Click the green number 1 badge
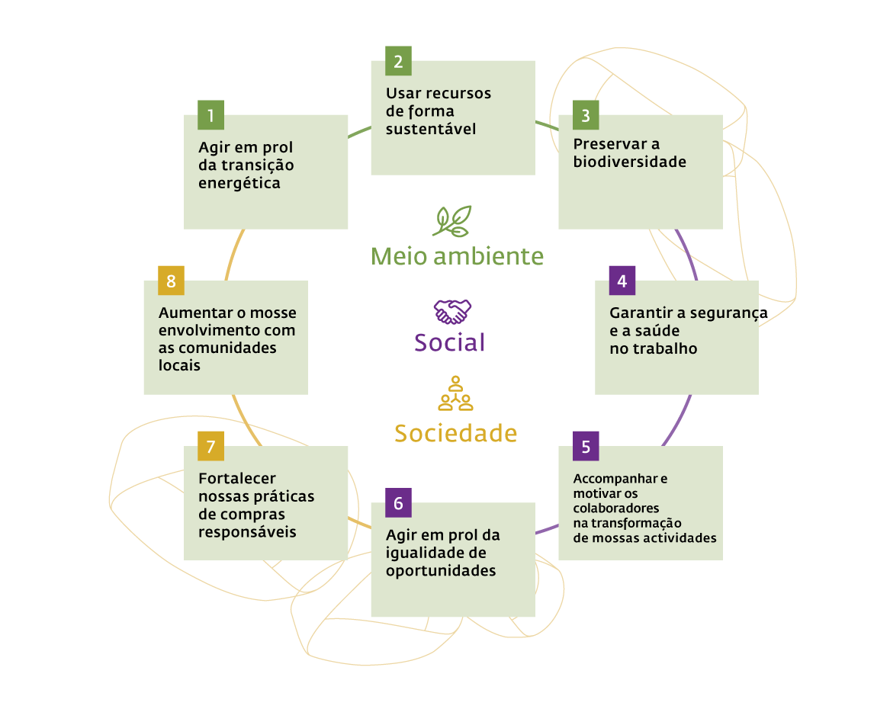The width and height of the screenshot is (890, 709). (210, 115)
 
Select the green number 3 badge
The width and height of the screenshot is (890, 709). (586, 115)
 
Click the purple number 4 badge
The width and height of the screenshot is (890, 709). (622, 281)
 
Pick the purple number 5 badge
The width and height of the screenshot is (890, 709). (586, 446)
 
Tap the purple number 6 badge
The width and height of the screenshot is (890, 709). (398, 503)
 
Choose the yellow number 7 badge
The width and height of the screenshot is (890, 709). (210, 446)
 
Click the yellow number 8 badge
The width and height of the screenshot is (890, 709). (171, 281)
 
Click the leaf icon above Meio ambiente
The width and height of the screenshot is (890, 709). (451, 221)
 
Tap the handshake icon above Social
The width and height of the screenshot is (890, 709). (452, 311)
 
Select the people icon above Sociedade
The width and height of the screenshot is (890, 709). (455, 393)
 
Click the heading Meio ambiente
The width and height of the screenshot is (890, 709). (458, 256)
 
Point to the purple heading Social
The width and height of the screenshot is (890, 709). (449, 342)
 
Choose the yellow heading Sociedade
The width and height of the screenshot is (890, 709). (455, 433)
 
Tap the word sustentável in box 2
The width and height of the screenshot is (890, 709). (431, 129)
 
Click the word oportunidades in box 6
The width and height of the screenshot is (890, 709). (441, 571)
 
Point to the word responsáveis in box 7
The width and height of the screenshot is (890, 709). (247, 531)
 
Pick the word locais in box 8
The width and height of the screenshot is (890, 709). (179, 365)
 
